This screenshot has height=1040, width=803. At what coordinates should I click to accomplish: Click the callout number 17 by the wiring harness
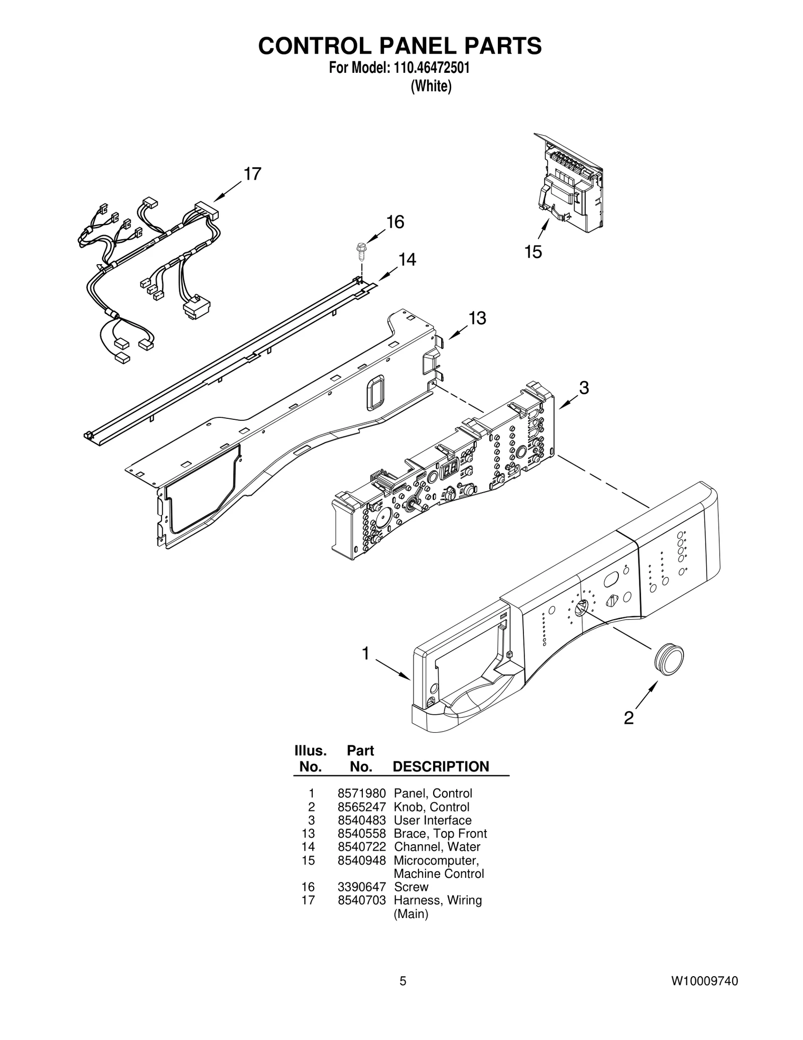pyautogui.click(x=252, y=174)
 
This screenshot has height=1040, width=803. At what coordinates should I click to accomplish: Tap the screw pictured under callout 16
pyautogui.click(x=360, y=251)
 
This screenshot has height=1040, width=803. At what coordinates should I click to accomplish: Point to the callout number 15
pyautogui.click(x=533, y=252)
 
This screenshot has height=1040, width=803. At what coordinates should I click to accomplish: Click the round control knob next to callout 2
pyautogui.click(x=668, y=658)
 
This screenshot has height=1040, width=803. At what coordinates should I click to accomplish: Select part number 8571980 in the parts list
pyautogui.click(x=361, y=793)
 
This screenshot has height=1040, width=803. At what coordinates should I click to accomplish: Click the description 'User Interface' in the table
pyautogui.click(x=433, y=820)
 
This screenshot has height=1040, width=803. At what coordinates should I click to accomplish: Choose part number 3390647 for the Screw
pyautogui.click(x=361, y=887)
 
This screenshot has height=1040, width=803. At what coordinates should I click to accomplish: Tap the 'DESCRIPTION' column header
pyautogui.click(x=441, y=766)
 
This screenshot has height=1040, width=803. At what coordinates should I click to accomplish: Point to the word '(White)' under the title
pyautogui.click(x=431, y=86)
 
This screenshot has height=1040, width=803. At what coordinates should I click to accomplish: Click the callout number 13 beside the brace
pyautogui.click(x=477, y=318)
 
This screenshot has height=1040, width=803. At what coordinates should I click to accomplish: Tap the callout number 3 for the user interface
pyautogui.click(x=584, y=387)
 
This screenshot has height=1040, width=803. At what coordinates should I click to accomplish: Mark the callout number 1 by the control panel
pyautogui.click(x=366, y=653)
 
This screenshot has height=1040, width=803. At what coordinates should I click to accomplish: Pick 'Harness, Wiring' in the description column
pyautogui.click(x=438, y=900)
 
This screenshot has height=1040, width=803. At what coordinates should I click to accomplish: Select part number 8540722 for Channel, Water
pyautogui.click(x=361, y=847)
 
